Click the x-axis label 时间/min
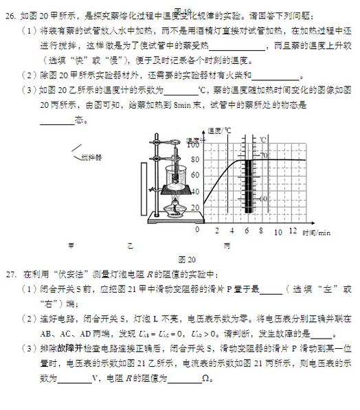[316, 233]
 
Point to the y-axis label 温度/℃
[219, 130]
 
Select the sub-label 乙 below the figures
[130, 244]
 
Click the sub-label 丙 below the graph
[227, 245]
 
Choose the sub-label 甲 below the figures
[70, 244]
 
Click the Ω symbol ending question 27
[205, 378]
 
